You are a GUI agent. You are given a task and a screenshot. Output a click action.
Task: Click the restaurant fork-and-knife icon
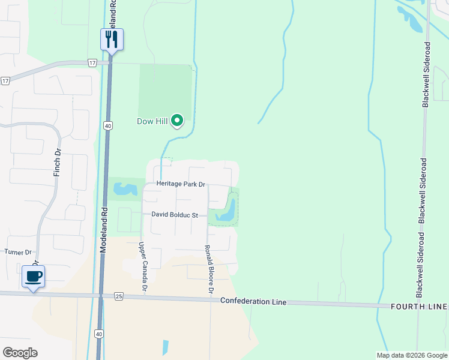coord(112,39)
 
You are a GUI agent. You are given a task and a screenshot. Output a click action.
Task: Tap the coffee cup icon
coord(34,277)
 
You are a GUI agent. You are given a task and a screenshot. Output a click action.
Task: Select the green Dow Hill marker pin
coord(177,121)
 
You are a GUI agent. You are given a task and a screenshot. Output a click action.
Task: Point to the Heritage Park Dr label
coord(181,184)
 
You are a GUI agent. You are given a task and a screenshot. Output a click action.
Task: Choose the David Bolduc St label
coord(175,214)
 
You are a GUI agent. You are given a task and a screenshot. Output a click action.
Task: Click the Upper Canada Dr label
coord(143,267)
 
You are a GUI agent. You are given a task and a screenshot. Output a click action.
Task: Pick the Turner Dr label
coord(19,253)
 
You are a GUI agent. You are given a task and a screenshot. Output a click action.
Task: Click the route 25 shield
coord(118,297)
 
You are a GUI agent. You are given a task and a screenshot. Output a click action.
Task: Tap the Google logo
coord(20,353)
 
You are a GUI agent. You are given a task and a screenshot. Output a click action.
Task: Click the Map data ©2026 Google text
coord(412,355)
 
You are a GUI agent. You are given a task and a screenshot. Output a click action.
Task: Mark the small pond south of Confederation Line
coord(164,346)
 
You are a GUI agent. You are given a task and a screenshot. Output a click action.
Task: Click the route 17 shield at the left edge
coord(5,80)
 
